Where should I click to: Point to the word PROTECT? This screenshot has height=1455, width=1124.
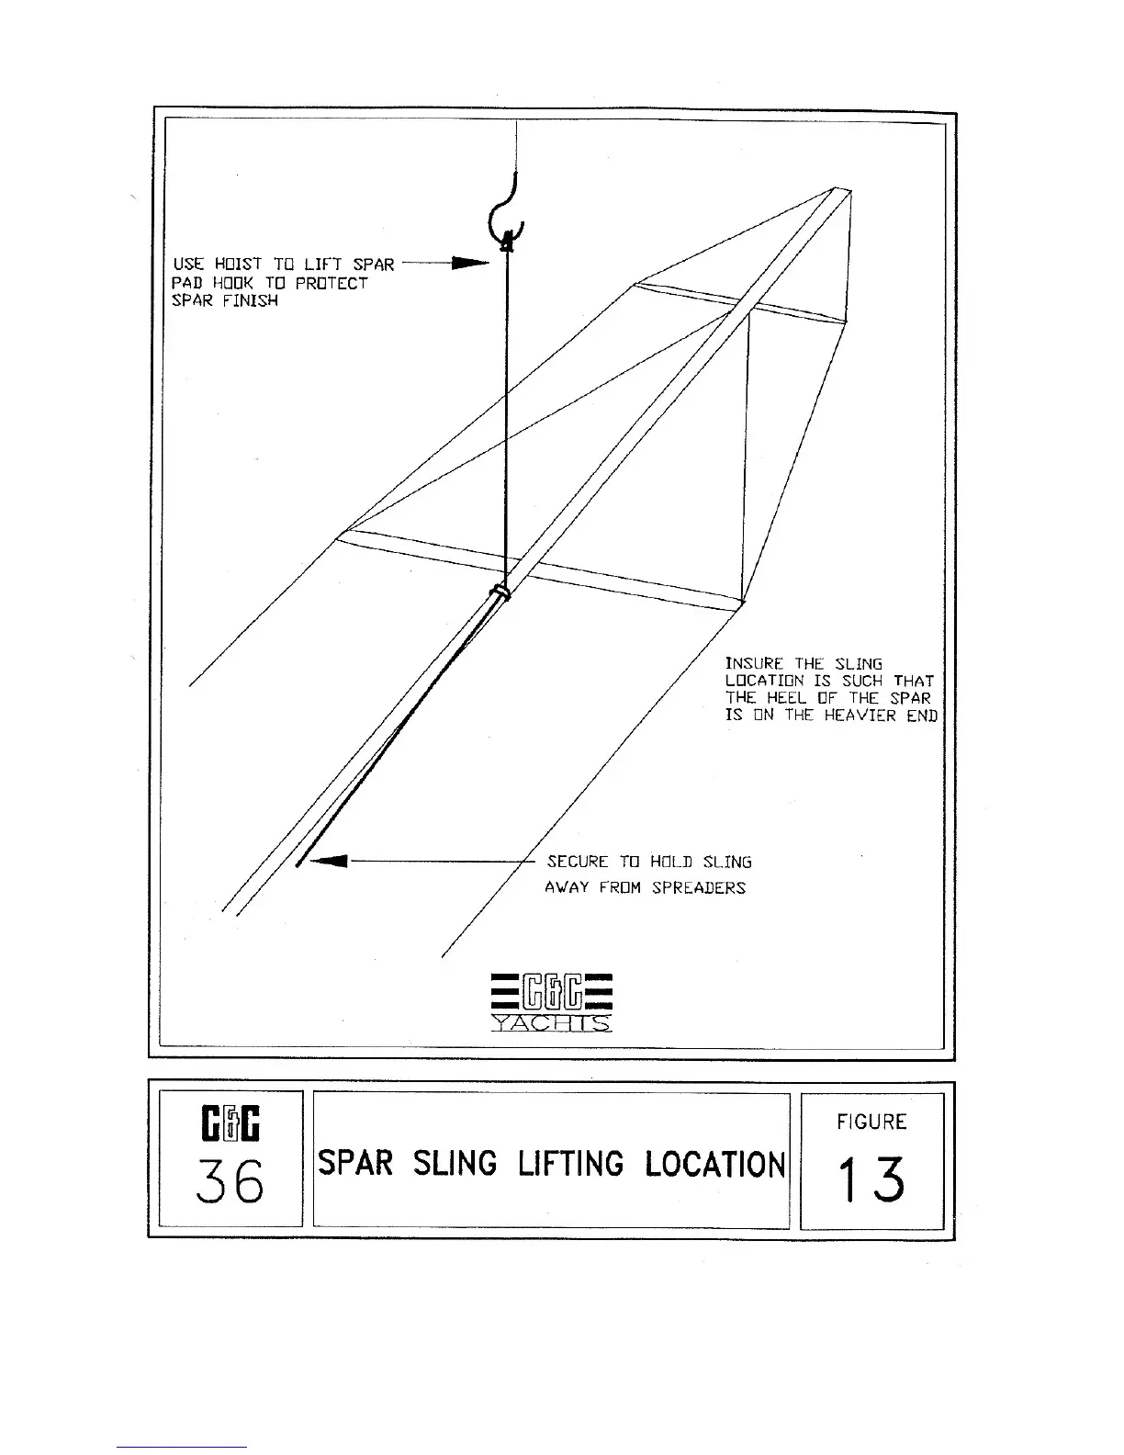332,283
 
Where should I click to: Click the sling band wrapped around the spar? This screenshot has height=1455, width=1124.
500,592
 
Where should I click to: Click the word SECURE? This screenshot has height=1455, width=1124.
578,862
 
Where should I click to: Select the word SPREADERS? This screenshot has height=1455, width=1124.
699,887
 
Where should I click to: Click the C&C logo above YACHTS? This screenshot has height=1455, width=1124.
552,991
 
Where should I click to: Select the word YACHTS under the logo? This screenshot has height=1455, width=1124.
552,1023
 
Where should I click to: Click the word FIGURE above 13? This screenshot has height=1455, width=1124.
871,1122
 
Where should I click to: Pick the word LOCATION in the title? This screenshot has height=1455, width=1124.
715,1164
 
